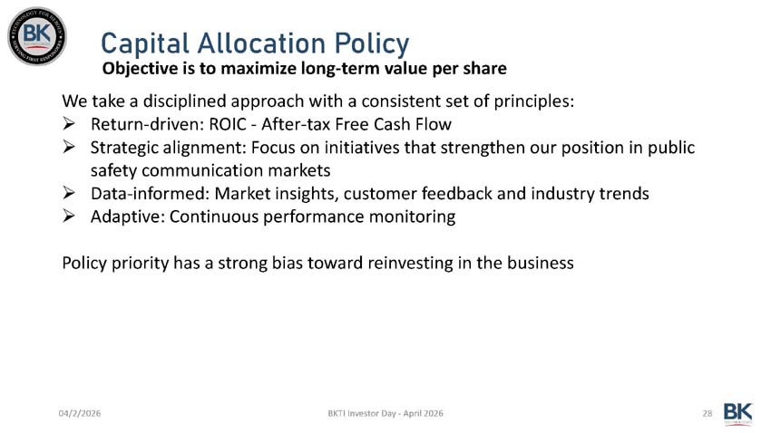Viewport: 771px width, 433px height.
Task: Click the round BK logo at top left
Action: pos(36,35)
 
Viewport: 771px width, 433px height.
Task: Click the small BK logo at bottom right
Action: pos(737,412)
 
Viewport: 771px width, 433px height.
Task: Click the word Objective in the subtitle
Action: pos(141,70)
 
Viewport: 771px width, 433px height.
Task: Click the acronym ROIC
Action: pos(231,123)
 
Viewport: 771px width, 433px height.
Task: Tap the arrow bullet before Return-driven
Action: pos(70,123)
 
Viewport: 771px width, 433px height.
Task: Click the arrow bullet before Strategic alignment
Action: pos(70,147)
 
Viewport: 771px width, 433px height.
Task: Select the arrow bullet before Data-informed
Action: pos(70,193)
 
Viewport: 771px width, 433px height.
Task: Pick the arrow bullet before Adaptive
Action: pos(70,216)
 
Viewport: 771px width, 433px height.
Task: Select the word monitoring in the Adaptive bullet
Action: pos(413,216)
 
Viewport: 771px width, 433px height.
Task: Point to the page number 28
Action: pos(707,413)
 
